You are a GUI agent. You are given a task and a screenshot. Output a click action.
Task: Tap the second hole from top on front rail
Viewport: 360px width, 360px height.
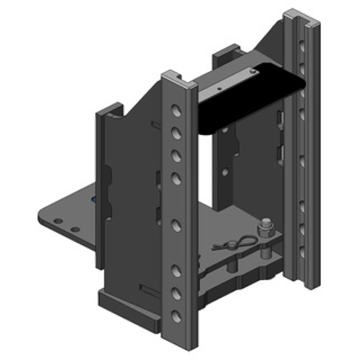point(177,133)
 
